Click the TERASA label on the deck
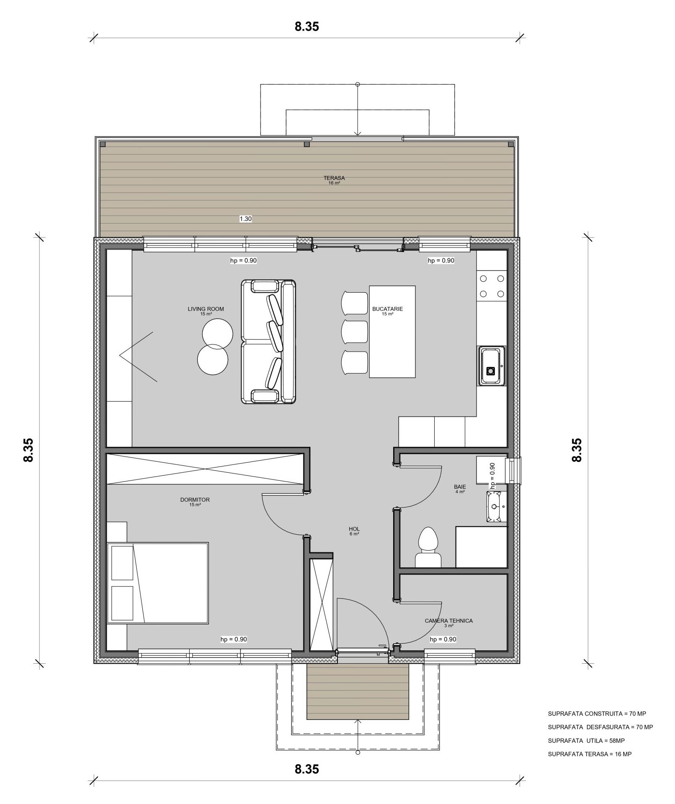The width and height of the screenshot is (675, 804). (334, 178)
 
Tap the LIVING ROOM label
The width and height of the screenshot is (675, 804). (206, 309)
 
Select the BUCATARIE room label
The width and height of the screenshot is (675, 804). (387, 309)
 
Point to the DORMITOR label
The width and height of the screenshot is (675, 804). (195, 500)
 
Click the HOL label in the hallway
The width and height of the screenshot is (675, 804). (354, 529)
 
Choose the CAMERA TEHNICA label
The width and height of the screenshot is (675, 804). (448, 621)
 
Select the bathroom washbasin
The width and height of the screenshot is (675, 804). (497, 506)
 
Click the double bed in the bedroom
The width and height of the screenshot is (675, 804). (158, 583)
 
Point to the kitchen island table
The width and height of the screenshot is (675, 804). (392, 331)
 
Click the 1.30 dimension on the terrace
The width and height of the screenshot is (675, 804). (245, 219)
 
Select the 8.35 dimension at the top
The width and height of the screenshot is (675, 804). (307, 26)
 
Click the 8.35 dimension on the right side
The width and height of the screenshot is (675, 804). (577, 450)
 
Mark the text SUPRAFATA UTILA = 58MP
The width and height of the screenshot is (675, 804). (586, 741)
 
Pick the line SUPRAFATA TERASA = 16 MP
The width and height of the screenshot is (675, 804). (590, 754)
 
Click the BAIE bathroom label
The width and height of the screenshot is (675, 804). (460, 487)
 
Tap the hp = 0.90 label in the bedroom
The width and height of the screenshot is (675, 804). (234, 639)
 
